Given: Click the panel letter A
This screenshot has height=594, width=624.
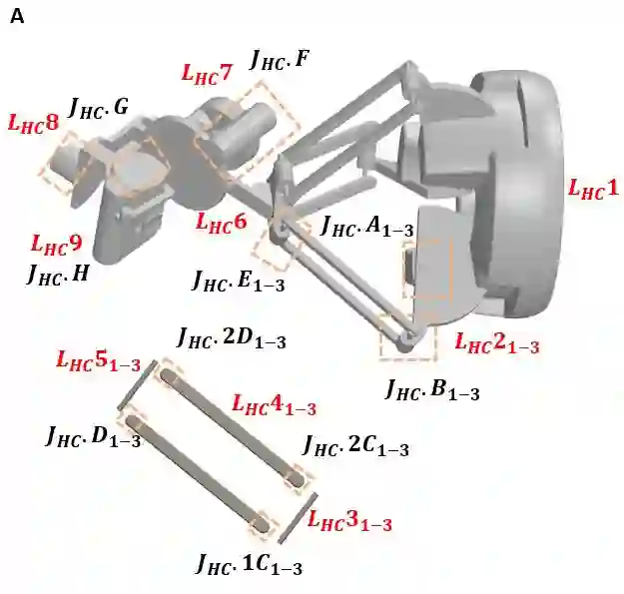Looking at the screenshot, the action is [17, 17].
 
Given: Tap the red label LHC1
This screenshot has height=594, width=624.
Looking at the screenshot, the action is [593, 189].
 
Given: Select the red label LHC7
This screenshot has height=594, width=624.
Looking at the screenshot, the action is [206, 74].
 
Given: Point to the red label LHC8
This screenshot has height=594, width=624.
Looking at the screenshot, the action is [33, 124].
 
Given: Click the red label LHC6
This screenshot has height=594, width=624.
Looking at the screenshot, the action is [222, 222].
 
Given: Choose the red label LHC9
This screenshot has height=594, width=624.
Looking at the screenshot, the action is [57, 244].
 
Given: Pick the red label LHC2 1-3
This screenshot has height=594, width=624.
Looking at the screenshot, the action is [497, 343].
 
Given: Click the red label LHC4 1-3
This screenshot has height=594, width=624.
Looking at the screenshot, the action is [275, 405].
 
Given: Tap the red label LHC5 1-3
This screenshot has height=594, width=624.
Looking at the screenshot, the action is [99, 361].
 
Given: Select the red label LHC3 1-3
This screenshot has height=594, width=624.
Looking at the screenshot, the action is [350, 521].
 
